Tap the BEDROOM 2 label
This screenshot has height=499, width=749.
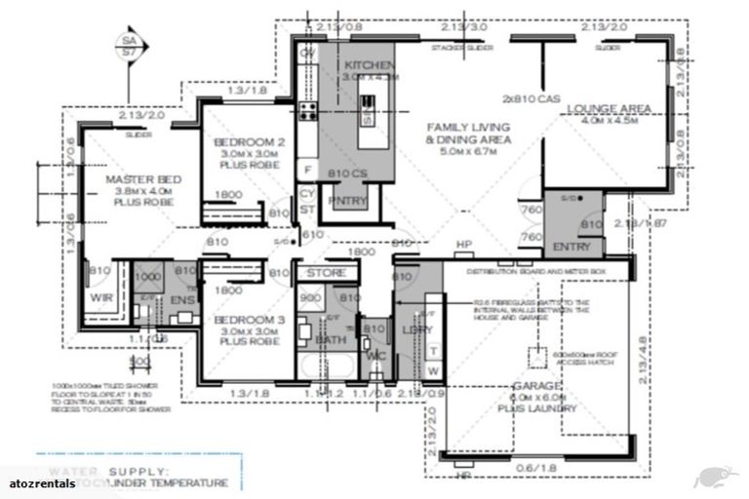(250, 142)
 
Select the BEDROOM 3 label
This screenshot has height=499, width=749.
(250, 319)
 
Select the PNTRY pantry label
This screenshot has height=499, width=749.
(343, 201)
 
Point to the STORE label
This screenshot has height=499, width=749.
(320, 274)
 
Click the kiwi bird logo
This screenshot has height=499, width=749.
(714, 478)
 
